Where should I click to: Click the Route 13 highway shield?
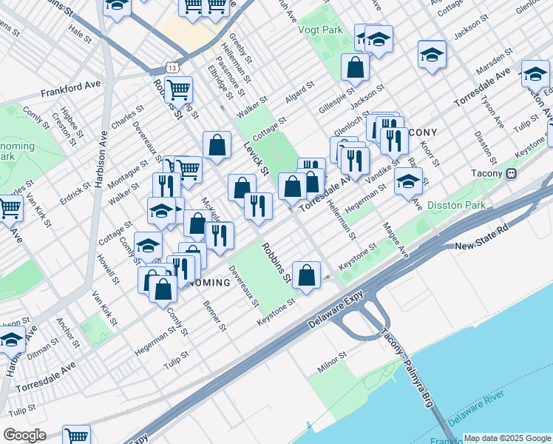(171, 67)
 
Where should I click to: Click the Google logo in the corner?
(24, 435)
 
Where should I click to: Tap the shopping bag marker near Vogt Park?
(356, 67)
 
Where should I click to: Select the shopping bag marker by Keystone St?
(306, 275)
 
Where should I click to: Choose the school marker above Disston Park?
(408, 181)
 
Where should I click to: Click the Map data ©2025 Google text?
(507, 438)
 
